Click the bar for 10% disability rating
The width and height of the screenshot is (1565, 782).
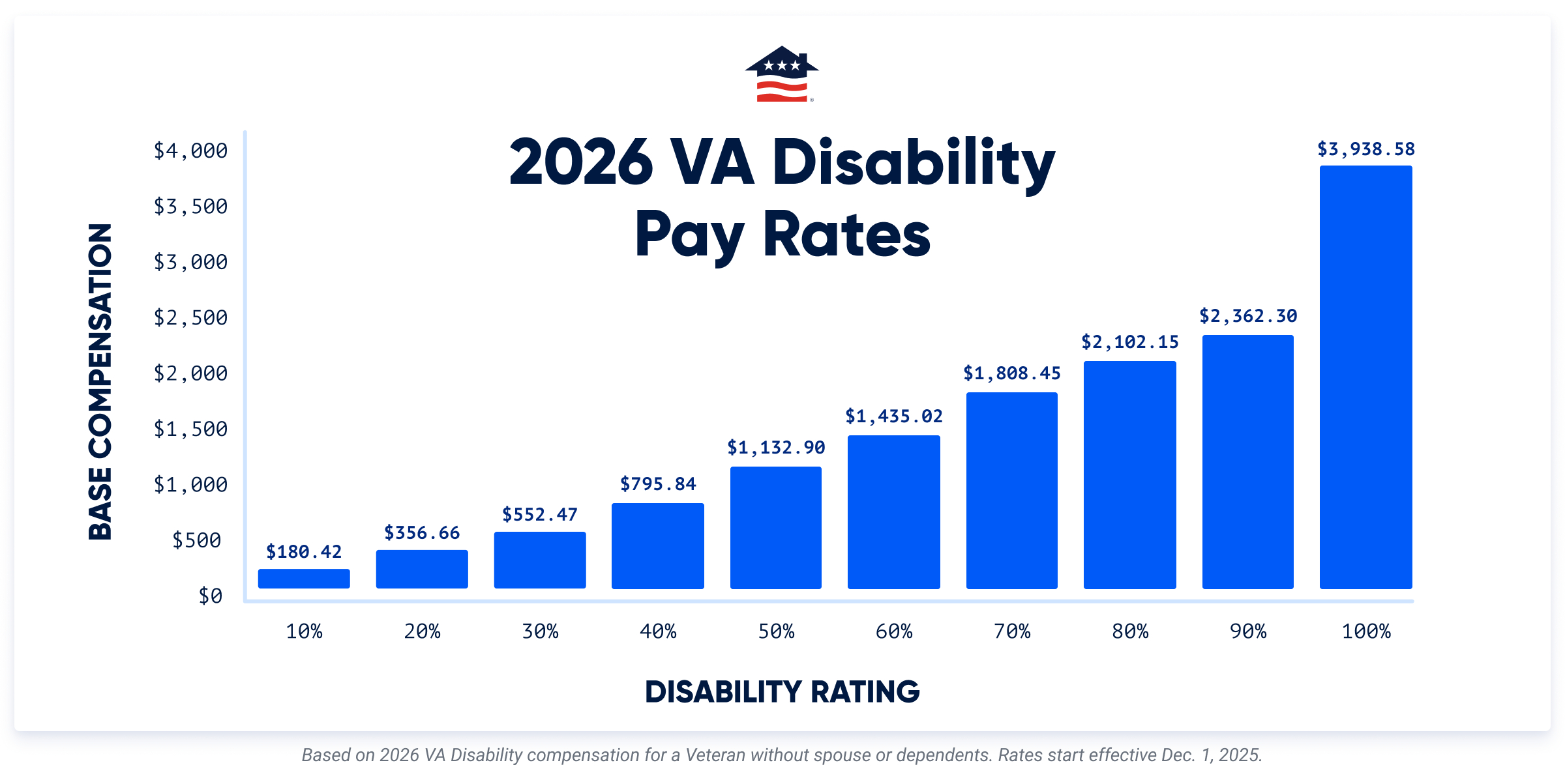point(304,579)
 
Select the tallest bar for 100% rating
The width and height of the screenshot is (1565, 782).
point(1365,378)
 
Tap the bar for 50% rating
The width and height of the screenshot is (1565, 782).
point(775,528)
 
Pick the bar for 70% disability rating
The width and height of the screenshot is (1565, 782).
point(1011,490)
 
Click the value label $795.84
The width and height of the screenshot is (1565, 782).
point(658,484)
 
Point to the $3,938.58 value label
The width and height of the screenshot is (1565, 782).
point(1365,149)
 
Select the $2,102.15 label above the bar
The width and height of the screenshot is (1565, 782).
point(1129,342)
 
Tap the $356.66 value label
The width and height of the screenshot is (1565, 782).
point(422,533)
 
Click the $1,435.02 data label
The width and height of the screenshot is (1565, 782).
point(893,416)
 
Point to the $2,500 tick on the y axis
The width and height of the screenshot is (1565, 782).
point(190,318)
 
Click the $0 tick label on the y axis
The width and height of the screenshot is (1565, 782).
point(210,596)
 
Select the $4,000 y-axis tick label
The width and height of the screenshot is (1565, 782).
point(190,151)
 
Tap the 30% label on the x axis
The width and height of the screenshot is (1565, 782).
point(540,631)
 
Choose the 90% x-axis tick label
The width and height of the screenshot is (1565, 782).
point(1247,631)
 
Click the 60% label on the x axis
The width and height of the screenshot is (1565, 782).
point(893,631)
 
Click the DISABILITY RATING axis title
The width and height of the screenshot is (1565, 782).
point(782,692)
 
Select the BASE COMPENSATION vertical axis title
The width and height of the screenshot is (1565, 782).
point(100,382)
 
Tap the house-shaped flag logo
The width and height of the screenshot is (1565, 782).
point(782,74)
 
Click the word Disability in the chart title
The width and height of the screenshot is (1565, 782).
point(913,163)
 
